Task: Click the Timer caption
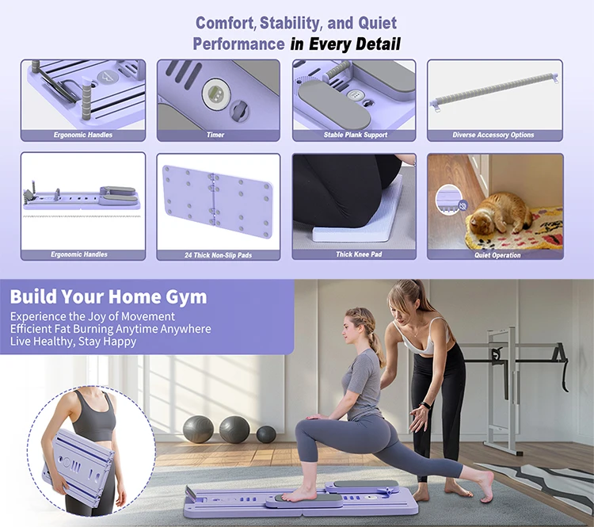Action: point(215,135)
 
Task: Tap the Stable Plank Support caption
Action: point(356,135)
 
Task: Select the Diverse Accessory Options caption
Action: point(493,135)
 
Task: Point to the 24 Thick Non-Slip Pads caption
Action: point(219,255)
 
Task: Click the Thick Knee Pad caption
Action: point(359,254)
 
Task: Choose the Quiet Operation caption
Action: point(497,255)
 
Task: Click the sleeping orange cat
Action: point(498,213)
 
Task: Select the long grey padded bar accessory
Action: point(494,91)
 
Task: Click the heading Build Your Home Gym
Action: point(109,296)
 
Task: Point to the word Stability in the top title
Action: point(291,24)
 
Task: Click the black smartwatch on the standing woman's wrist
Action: point(426,405)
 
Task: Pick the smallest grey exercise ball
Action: point(266,434)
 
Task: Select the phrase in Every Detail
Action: point(345,44)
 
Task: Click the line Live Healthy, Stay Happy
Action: point(73,342)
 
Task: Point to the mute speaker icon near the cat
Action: point(463,206)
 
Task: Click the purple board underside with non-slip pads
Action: point(218,201)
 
